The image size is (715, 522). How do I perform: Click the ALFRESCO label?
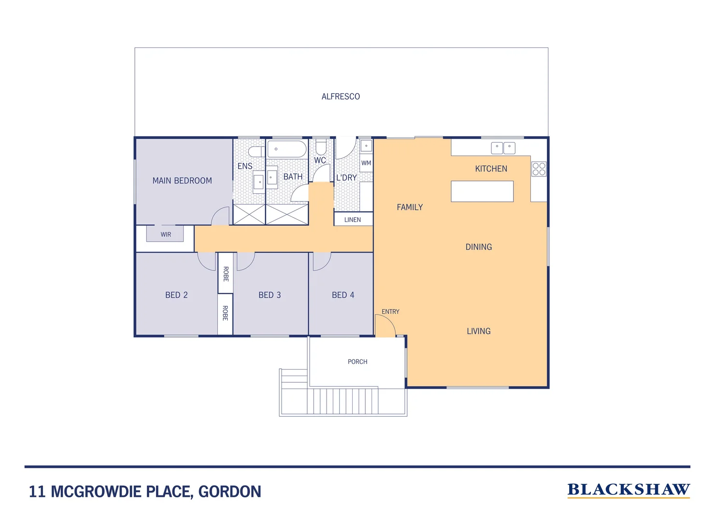click(341, 97)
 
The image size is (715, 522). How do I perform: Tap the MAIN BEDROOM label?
click(182, 181)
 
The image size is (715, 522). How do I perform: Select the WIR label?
click(166, 234)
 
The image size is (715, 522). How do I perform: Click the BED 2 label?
click(176, 295)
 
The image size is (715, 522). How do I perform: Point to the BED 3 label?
click(270, 295)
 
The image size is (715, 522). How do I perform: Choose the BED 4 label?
click(343, 295)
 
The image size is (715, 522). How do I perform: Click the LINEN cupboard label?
click(353, 219)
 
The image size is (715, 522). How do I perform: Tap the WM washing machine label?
click(366, 163)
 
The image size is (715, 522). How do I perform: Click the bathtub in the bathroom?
click(287, 149)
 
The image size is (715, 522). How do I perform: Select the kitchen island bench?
click(482, 191)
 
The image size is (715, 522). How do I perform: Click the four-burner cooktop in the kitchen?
click(539, 169)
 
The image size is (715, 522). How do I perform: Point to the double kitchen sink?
click(503, 148)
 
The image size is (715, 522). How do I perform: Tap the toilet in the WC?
click(321, 147)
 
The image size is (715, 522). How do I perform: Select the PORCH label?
click(357, 362)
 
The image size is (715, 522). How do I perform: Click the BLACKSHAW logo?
click(628, 490)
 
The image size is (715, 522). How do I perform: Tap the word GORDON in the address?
click(229, 492)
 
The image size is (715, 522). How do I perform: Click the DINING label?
click(479, 247)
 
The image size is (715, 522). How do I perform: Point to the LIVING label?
click(479, 331)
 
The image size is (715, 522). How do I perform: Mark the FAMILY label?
click(410, 207)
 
